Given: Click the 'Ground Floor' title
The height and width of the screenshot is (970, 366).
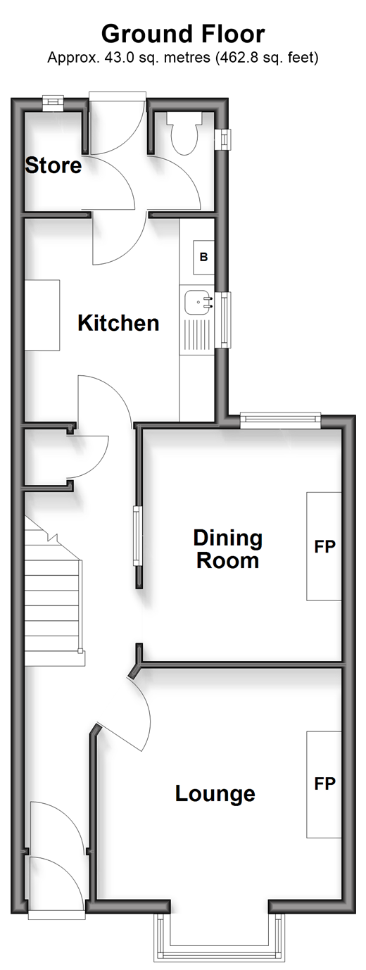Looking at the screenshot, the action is click(183, 34).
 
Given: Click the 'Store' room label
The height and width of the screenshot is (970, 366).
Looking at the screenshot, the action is click(53, 165).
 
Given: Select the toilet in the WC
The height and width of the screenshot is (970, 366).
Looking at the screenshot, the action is click(185, 133).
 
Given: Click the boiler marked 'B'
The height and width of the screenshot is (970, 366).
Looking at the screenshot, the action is click(203, 257).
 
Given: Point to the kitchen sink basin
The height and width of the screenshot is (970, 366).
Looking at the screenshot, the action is click(198, 302).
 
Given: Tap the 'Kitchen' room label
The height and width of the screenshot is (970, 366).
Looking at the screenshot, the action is click(119, 323).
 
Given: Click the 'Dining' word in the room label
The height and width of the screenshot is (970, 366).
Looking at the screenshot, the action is click(228, 538).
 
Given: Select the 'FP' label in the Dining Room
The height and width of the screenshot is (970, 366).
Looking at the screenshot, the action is click(325, 546).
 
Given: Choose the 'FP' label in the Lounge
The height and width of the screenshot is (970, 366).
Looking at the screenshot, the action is click(325, 783).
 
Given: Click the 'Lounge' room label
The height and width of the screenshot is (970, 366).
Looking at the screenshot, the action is click(215, 794).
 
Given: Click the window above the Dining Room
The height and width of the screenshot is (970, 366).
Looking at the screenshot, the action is click(281, 420).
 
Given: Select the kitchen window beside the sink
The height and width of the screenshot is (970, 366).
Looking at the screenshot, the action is click(224, 320).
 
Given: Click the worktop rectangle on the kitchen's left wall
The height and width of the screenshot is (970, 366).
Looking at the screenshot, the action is click(42, 315).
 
